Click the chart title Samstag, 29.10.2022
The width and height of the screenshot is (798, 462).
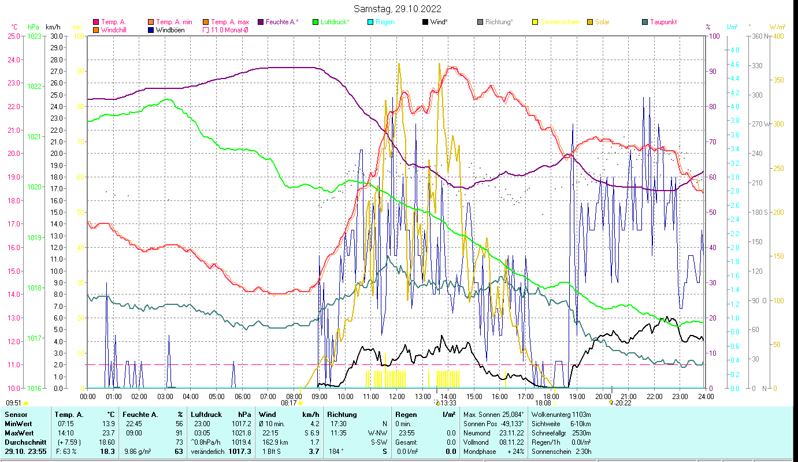pos(398,9)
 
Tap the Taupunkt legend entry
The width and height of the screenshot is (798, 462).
pos(663,22)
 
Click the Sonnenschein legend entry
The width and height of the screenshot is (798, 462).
pos(560,22)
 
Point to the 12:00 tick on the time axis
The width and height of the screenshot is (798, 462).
pos(397,397)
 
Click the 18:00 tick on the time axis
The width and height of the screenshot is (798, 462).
pos(551,397)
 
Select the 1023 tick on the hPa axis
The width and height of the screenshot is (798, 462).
pos(34,36)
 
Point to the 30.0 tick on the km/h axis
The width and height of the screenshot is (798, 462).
pos(57,36)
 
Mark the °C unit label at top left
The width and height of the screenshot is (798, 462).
pos(14,27)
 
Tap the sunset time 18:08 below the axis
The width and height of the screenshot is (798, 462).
pos(543,403)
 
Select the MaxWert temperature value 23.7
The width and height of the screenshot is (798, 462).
pos(107,433)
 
